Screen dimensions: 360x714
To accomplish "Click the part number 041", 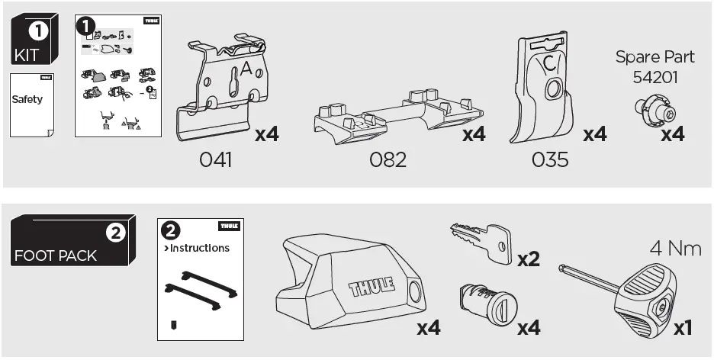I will tap(216, 160).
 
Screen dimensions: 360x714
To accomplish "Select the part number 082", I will tap(388, 160).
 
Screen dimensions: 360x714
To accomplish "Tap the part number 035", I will tap(548, 160).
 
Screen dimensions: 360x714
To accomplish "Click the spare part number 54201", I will tap(654, 77).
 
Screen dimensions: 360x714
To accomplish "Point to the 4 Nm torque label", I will tap(675, 249).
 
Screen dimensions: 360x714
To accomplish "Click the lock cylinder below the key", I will tap(482, 306).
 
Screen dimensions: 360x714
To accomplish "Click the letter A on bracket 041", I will tap(246, 69).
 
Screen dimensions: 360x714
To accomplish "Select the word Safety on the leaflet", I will tap(27, 100).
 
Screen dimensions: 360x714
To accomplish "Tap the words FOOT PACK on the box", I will tap(55, 256).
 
